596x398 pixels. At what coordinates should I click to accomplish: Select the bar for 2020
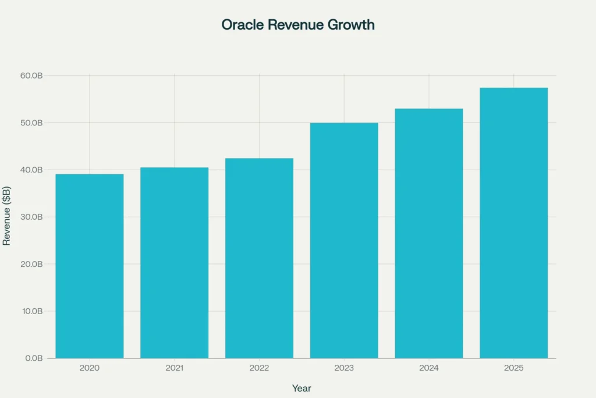[x=90, y=266]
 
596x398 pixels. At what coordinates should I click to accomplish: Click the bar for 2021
[x=174, y=263]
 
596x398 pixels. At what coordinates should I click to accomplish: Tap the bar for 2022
[x=259, y=258]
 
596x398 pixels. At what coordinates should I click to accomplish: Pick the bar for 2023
[x=344, y=240]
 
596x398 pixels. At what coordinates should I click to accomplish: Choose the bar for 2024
[x=429, y=233]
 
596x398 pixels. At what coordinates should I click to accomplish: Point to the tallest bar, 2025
[x=513, y=223]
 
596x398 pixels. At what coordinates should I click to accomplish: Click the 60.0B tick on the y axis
[x=31, y=76]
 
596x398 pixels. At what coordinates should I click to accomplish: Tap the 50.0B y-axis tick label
[x=31, y=123]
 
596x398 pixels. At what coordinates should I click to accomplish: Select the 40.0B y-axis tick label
[x=31, y=170]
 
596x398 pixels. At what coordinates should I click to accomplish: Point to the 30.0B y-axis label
[x=31, y=217]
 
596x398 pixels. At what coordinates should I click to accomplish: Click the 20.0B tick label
[x=31, y=264]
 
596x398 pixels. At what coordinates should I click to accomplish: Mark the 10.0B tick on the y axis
[x=31, y=311]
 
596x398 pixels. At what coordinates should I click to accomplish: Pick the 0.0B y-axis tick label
[x=32, y=358]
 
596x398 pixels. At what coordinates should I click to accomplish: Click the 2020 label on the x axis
[x=90, y=368]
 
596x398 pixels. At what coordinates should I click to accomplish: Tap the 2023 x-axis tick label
[x=344, y=368]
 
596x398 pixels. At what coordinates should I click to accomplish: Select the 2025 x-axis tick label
[x=513, y=368]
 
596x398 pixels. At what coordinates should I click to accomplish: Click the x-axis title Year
[x=301, y=388]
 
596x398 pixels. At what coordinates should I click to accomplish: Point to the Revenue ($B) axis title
[x=7, y=217]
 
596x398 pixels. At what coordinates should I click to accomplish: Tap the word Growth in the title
[x=353, y=25]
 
